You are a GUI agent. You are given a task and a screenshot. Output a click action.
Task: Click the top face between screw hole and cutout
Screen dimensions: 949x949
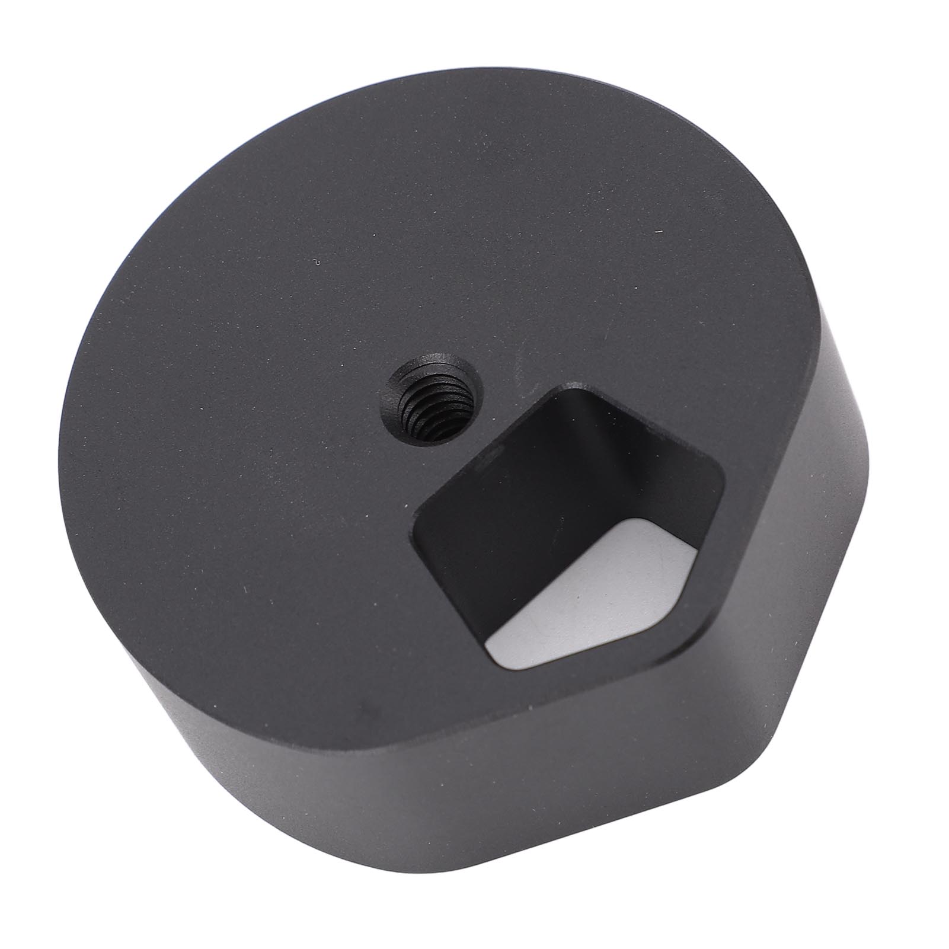[504, 415]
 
